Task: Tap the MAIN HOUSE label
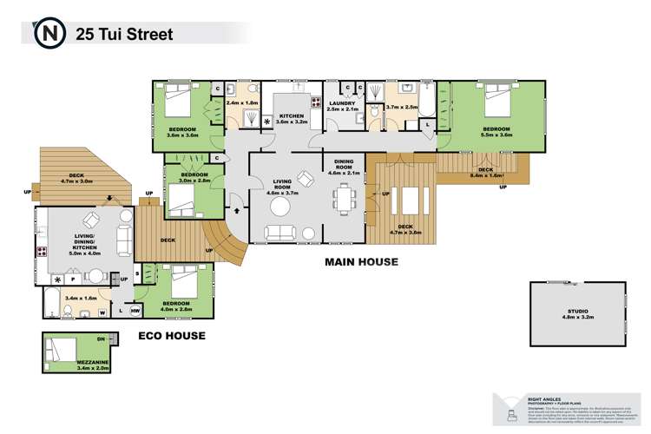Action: (361, 260)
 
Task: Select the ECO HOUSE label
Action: (173, 333)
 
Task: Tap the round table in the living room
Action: (281, 207)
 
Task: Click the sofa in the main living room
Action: (279, 232)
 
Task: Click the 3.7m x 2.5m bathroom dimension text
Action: (402, 107)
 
